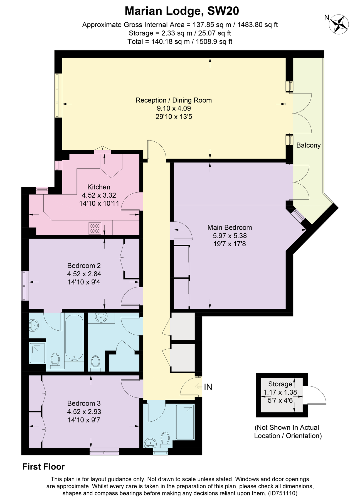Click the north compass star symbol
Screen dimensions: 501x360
tap(339, 24)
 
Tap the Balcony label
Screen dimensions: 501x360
tap(308, 145)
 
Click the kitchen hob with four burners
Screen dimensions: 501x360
tap(95, 228)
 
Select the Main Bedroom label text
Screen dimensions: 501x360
tap(230, 227)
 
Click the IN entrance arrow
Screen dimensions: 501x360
tap(199, 387)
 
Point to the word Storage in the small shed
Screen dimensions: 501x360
tap(280, 384)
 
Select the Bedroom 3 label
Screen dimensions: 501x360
tap(84, 403)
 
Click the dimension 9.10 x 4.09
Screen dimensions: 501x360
tap(174, 108)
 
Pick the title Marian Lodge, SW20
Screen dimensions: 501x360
tap(182, 11)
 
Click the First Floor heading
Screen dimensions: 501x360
tap(43, 467)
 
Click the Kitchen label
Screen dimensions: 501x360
tap(99, 187)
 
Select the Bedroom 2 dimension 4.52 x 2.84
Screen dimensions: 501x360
tap(84, 274)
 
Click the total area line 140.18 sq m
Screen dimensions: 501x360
tap(180, 42)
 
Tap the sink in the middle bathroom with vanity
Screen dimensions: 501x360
tap(101, 317)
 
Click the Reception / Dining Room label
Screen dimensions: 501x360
tap(174, 100)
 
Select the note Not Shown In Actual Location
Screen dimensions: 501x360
tap(288, 432)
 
